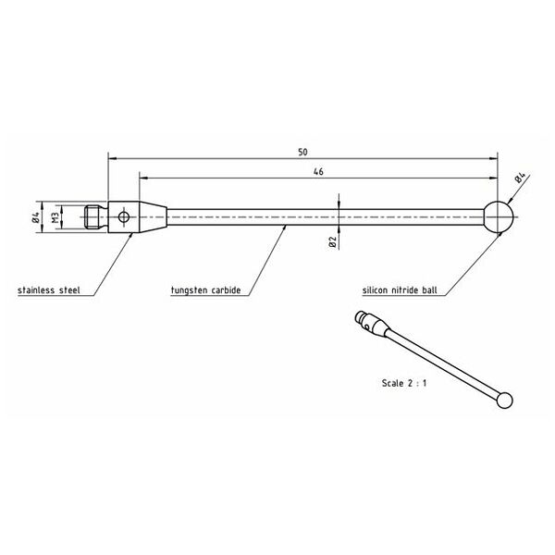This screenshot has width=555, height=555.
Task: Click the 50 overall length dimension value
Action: (x=302, y=153)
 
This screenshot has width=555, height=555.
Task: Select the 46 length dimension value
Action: (x=318, y=172)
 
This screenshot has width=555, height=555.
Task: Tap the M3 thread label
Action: (x=55, y=217)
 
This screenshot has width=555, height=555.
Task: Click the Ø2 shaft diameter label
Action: (x=332, y=241)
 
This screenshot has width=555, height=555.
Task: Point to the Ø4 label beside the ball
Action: (x=521, y=178)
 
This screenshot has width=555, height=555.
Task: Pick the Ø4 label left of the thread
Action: (x=35, y=217)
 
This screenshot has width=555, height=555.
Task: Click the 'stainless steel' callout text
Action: (x=49, y=290)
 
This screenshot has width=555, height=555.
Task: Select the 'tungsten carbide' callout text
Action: (x=205, y=290)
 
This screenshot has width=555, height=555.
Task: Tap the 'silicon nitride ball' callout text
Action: (x=400, y=290)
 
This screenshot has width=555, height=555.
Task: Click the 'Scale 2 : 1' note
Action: (x=404, y=383)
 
